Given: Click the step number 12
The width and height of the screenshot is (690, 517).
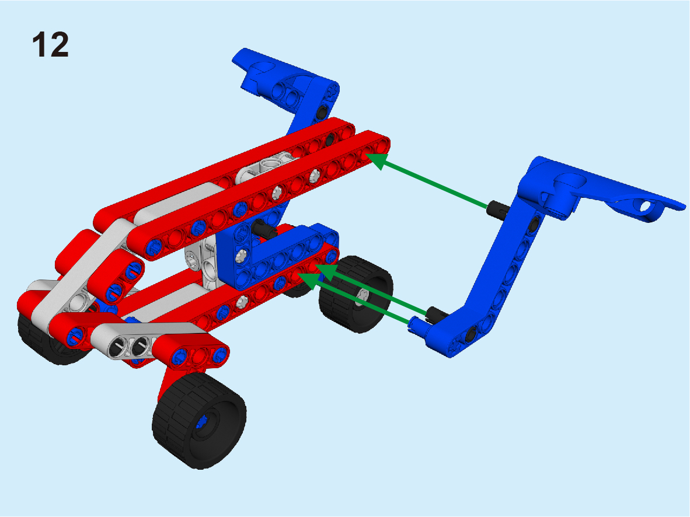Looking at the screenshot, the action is click(x=51, y=44).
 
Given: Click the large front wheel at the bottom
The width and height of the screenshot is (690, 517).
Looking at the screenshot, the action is click(x=199, y=420).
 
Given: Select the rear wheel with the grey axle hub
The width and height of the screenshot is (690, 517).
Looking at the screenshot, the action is click(x=356, y=294).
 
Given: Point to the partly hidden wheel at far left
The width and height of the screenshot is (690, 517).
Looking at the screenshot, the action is click(x=44, y=339).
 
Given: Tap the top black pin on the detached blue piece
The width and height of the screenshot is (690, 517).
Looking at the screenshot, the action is click(x=497, y=208).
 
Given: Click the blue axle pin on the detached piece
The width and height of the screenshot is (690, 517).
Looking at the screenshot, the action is click(x=417, y=325).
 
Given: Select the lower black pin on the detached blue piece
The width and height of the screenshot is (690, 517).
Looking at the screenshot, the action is click(x=437, y=313).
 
